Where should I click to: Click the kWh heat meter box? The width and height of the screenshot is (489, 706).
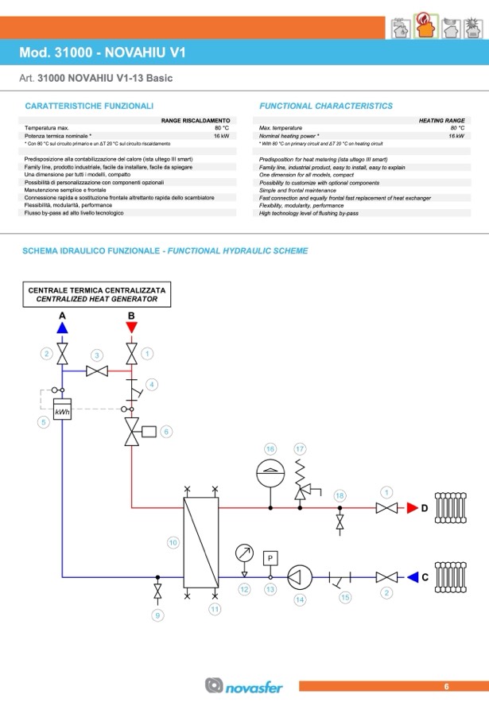coord(62,411)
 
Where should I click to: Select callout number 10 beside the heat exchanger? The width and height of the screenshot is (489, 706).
coord(173,542)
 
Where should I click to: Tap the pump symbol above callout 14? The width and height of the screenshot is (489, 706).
coord(300,576)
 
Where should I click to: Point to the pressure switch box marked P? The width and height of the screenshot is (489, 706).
coord(270,557)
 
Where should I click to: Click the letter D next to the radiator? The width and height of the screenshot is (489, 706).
coord(425,507)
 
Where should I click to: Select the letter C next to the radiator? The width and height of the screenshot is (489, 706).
coord(425,577)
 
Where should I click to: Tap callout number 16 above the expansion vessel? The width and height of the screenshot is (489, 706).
coord(270,449)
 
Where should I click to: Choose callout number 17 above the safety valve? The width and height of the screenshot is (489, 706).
coord(300,449)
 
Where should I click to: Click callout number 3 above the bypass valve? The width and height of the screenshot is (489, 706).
coord(97,355)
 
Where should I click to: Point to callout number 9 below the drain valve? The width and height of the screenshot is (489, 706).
coord(157,615)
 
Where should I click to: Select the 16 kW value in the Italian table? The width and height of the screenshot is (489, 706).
coord(221,136)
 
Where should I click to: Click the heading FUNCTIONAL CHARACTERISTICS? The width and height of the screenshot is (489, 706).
coord(326,106)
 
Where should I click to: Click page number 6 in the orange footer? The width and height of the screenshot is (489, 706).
coord(446,686)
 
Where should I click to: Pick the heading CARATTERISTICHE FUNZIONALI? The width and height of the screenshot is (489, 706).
coord(89,106)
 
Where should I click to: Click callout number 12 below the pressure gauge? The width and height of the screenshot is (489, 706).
coord(245,589)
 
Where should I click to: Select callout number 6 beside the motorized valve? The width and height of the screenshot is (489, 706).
coord(166,431)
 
